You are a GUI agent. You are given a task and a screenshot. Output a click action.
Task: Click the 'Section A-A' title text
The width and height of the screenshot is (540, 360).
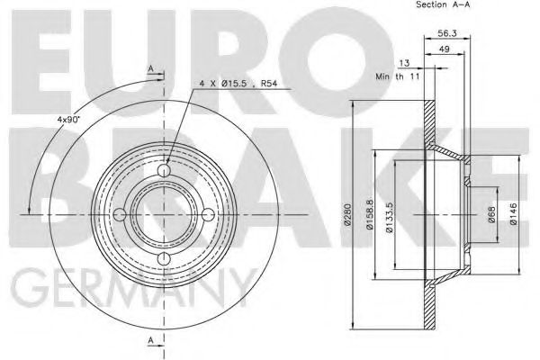443,4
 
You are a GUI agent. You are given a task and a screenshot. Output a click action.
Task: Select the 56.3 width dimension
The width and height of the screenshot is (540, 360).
447,33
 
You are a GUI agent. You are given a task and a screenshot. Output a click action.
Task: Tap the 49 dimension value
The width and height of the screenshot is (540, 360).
445,49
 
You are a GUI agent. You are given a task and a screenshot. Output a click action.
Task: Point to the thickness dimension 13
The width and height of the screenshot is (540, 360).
404,63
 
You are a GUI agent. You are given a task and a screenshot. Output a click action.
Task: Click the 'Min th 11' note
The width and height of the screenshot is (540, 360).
398,76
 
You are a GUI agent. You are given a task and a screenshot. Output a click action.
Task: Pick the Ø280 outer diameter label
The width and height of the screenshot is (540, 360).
347,214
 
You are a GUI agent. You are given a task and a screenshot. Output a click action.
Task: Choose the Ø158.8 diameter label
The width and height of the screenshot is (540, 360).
370,214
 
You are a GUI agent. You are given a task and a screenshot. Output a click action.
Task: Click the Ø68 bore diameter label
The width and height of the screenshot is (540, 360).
491,214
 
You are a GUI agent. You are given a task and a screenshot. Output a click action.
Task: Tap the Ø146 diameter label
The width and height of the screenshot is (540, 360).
513,214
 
